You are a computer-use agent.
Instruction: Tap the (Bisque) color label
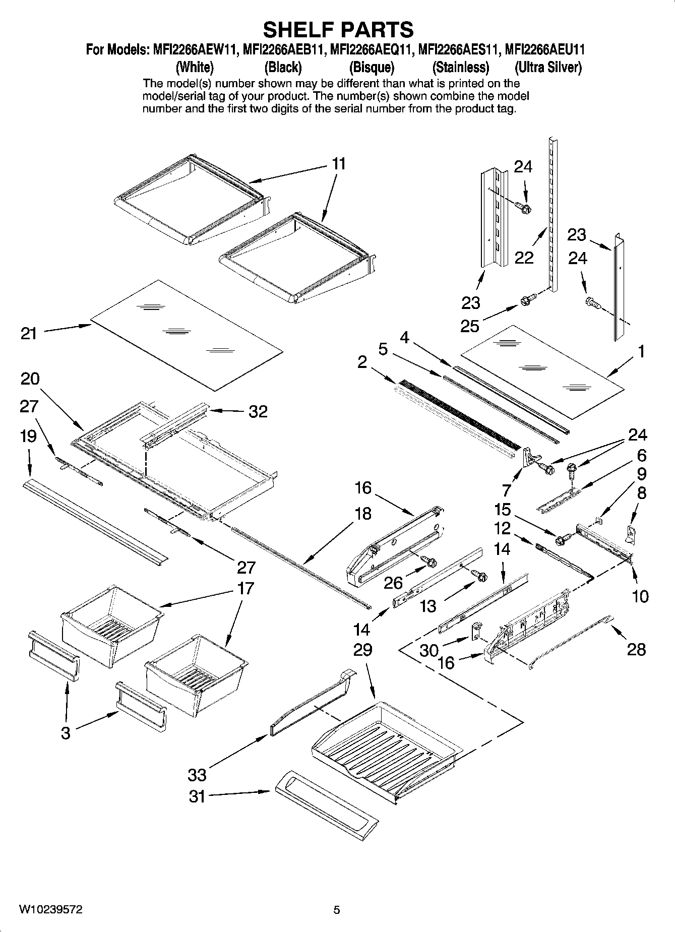pos(372,67)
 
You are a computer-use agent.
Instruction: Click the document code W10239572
pos(51,909)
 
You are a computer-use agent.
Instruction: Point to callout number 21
pos(29,333)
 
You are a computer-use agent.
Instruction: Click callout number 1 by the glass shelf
pos(641,351)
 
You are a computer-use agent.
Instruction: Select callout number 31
pos(197,796)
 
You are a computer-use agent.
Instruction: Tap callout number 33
pos(197,774)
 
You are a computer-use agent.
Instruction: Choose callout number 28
pos(636,649)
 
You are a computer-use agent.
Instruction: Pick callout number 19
pos(29,436)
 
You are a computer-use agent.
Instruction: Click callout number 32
pos(258,411)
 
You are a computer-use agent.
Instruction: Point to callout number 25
pos(470,326)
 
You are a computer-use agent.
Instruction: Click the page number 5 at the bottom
pos(337,910)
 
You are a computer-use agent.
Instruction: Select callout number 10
pos(640,596)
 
